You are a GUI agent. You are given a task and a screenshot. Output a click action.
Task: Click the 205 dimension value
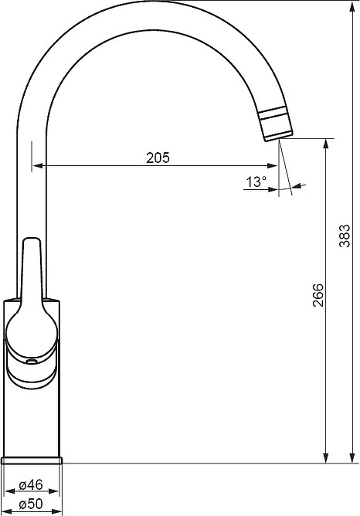tap(158, 158)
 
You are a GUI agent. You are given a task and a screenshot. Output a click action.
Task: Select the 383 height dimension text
tap(345, 236)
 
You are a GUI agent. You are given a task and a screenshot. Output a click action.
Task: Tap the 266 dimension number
tap(318, 295)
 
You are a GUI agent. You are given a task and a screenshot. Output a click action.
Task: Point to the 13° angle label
tap(256, 182)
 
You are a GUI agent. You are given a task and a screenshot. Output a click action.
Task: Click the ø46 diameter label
tap(31, 485)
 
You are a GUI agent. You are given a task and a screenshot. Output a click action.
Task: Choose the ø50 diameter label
tap(31, 504)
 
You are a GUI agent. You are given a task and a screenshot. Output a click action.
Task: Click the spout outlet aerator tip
tap(276, 124)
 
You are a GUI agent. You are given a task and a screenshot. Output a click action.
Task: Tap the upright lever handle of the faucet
tap(30, 270)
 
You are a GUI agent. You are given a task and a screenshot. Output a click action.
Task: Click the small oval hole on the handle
tap(32, 362)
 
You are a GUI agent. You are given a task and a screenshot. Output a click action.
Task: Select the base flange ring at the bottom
tap(32, 460)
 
